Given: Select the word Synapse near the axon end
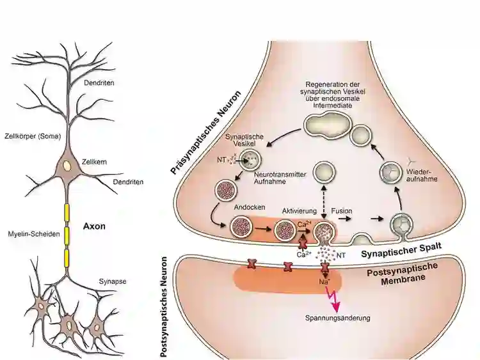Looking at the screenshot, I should tap(111, 281).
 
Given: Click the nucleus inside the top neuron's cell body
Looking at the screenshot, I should tap(67, 165).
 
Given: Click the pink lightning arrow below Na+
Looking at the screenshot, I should tap(333, 299).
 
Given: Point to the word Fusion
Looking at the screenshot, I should tap(342, 210).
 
